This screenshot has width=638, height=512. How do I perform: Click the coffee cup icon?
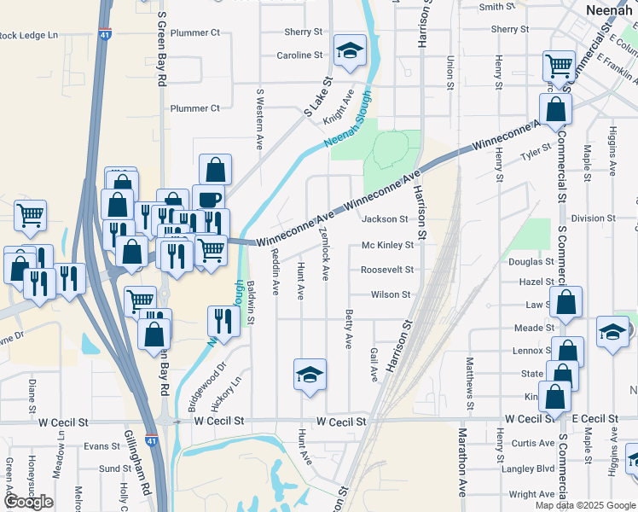(x=208, y=200)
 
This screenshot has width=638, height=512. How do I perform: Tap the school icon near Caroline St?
(x=349, y=51)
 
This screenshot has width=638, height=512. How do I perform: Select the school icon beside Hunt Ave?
(x=310, y=374)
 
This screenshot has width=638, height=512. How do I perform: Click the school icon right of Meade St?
(x=612, y=332)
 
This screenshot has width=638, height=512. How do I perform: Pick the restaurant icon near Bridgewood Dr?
(x=223, y=321)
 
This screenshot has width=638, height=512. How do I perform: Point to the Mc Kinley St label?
(x=387, y=245)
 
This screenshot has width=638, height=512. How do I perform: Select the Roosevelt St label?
(x=387, y=270)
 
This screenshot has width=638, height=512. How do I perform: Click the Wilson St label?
(x=391, y=294)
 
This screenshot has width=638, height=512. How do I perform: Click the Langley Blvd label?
(x=527, y=468)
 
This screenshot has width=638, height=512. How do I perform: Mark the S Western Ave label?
(x=259, y=118)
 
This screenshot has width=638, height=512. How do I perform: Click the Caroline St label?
(x=299, y=55)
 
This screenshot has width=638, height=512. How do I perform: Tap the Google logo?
(x=28, y=502)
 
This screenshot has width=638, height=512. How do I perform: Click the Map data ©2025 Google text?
(x=584, y=505)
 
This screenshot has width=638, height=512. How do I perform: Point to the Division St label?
(x=587, y=218)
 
